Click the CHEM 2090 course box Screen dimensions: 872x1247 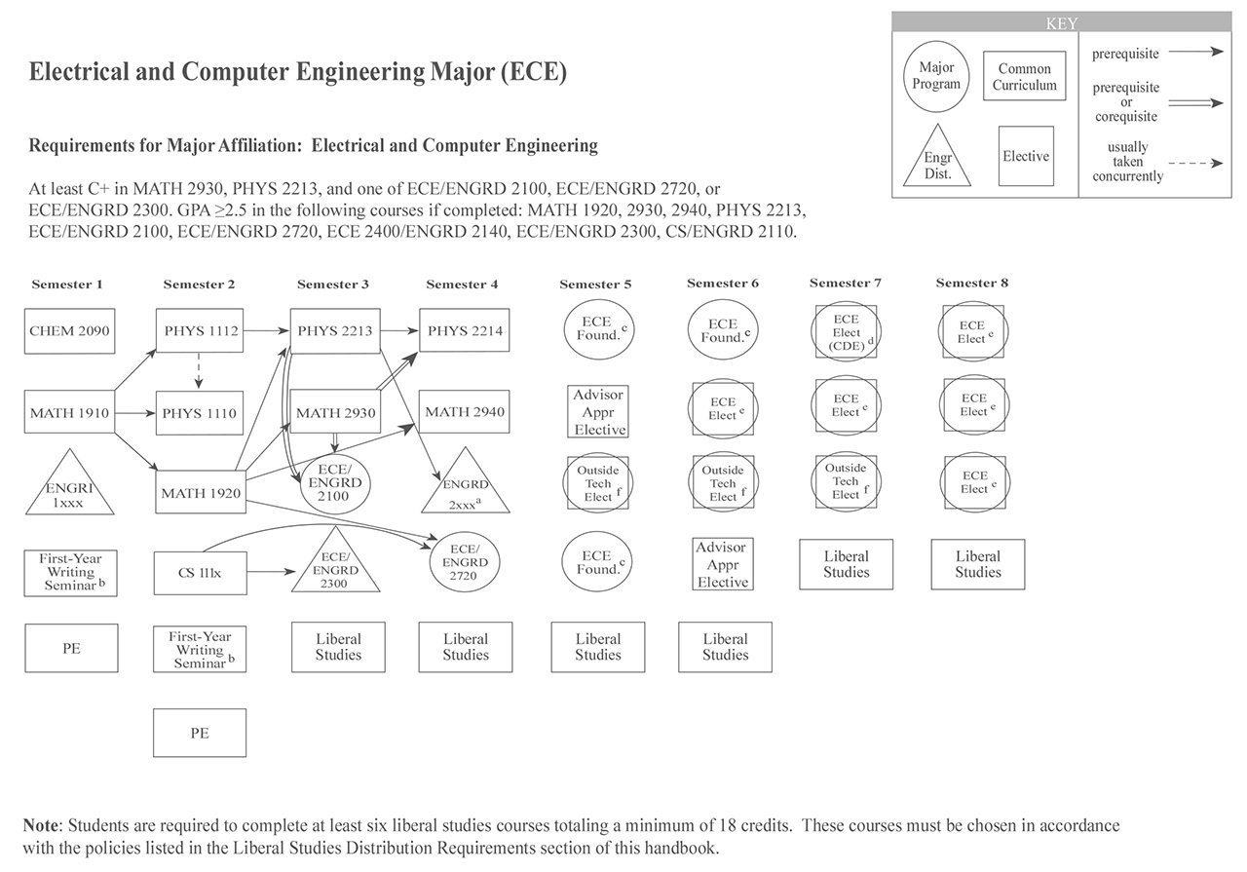pos(71,331)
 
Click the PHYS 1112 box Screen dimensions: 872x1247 pos(202,331)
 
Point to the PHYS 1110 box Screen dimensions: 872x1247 pos(202,413)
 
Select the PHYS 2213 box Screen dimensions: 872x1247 pos(335,331)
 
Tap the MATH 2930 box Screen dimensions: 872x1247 pos(335,413)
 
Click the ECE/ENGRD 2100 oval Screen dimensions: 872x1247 pos(334,482)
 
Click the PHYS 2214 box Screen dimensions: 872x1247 pos(465,331)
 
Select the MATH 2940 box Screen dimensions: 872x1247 pos(465,412)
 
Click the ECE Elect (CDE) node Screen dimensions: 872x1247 pos(847,332)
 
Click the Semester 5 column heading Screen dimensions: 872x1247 pos(595,284)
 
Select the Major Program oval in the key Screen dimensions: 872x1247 pos(936,76)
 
